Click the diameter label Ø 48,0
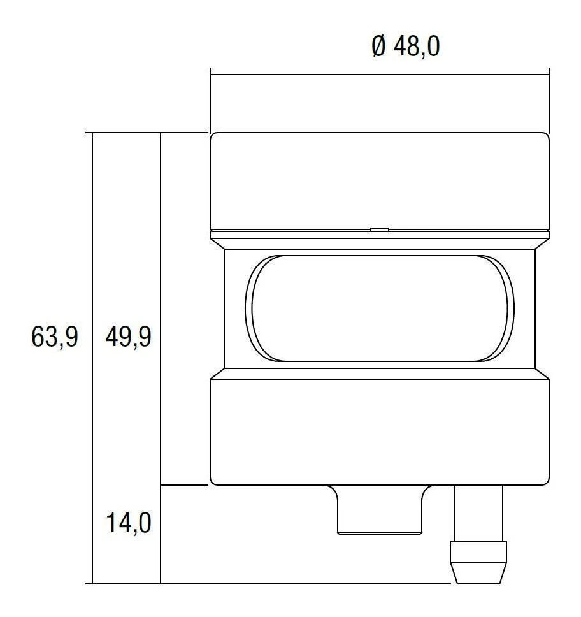(x=406, y=47)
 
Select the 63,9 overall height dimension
(x=55, y=337)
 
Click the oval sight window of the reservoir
(x=379, y=308)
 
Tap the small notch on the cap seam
(x=379, y=228)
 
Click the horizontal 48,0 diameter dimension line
(x=379, y=75)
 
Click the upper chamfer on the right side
(x=542, y=243)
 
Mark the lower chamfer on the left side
(x=217, y=374)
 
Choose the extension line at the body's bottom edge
(x=185, y=485)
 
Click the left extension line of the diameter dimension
(x=210, y=102)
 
